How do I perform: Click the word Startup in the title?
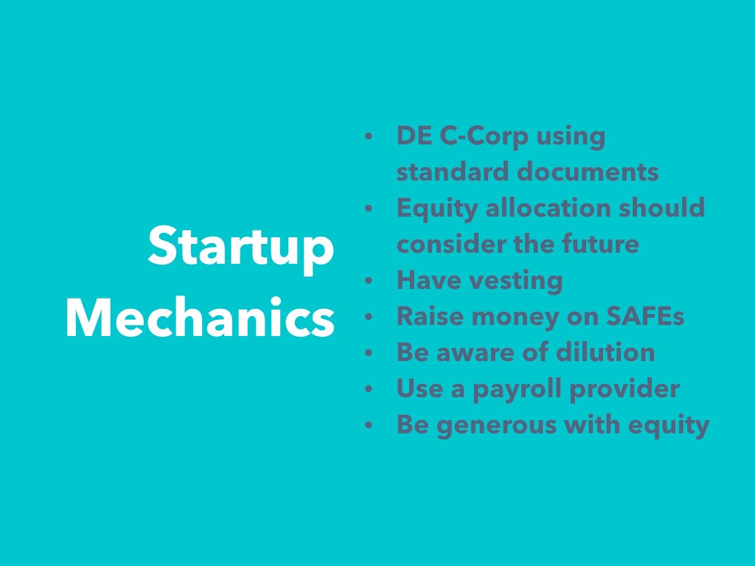point(241,248)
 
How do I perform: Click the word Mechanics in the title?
point(201,318)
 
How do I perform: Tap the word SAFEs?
point(644,316)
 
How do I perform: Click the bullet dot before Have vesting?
point(369,281)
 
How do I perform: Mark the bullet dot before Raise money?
point(369,317)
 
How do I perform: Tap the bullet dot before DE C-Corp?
point(369,136)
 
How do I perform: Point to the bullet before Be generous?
point(369,425)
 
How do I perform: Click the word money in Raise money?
point(515,318)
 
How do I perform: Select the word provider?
point(624,389)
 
